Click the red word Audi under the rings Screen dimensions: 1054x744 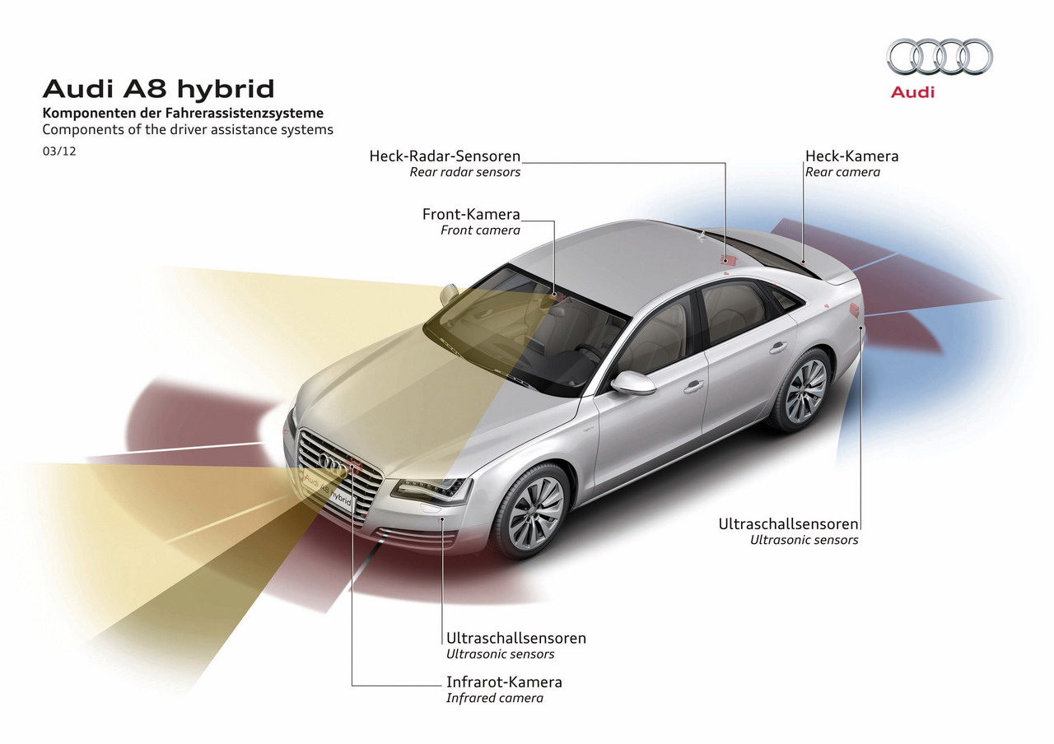point(912,92)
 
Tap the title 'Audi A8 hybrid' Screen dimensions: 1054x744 point(159,89)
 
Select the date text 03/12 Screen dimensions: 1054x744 point(59,151)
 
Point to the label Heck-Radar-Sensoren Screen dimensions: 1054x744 point(445,156)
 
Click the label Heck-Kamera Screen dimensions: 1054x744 point(851,156)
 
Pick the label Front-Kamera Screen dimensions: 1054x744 point(471,215)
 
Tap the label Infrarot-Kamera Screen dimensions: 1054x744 point(504,682)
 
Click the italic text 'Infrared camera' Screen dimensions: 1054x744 point(495,698)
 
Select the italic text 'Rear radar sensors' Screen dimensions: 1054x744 point(465,172)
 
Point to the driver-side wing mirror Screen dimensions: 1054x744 point(633,383)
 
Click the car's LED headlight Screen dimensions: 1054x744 point(431,490)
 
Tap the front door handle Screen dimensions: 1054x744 point(693,387)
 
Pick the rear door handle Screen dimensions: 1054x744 point(778,347)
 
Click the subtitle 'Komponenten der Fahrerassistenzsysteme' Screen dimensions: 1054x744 point(183,114)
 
